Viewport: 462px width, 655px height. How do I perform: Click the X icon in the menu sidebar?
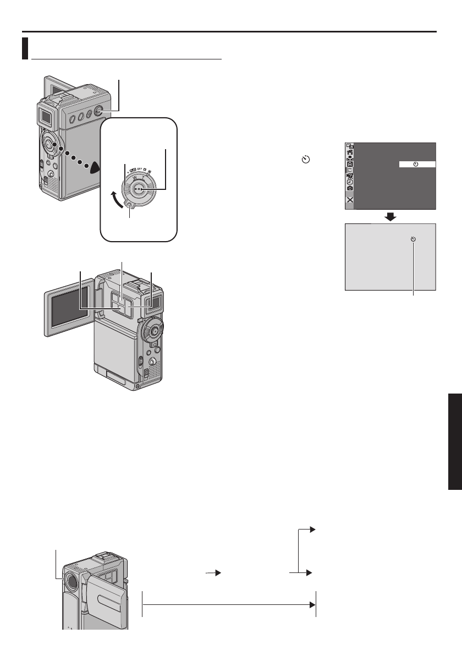[x=350, y=200]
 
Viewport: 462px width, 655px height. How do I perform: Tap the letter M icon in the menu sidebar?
[x=350, y=170]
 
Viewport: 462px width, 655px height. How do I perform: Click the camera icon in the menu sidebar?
[x=350, y=188]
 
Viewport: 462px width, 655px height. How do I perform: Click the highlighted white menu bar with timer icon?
[x=417, y=164]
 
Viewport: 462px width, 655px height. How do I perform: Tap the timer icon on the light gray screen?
[x=414, y=239]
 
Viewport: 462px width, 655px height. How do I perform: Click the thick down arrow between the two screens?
[x=391, y=216]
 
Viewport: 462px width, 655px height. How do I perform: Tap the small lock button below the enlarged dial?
[x=130, y=205]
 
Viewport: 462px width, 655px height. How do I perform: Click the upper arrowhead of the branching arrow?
[x=312, y=529]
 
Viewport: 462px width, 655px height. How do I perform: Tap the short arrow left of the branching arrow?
[x=213, y=573]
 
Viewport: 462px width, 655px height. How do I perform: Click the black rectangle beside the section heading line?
[x=25, y=48]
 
